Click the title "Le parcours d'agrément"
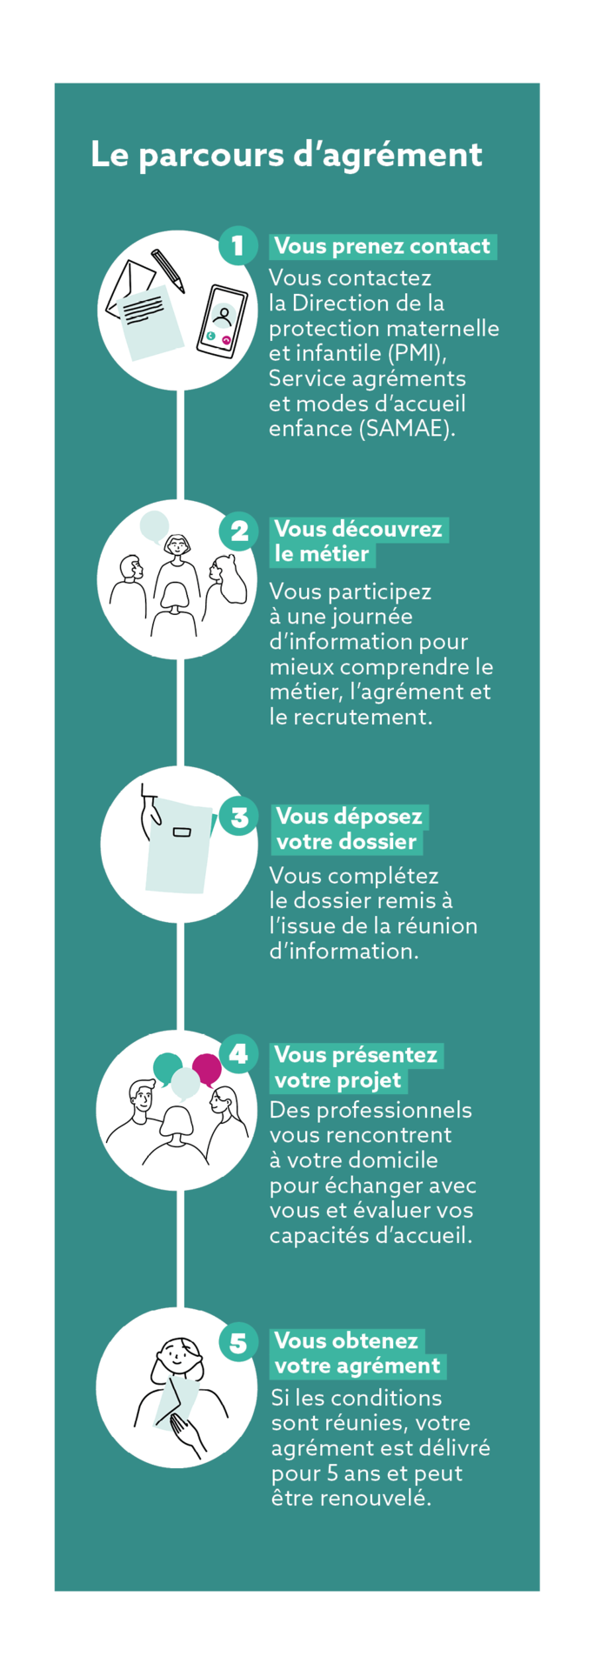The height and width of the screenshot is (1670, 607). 286,155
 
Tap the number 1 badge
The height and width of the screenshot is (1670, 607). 237,246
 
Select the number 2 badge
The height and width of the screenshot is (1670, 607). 238,530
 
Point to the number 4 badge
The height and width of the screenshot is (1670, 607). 238,1054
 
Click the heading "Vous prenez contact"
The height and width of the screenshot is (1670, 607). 383,246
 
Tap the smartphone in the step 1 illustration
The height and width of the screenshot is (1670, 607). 222,320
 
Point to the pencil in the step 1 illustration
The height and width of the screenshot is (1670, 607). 168,271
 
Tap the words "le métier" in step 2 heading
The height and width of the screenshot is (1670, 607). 322,554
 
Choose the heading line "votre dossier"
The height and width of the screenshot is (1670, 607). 346,841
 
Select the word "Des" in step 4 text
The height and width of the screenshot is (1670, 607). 286,1110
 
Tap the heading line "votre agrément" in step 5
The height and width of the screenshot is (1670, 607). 357,1366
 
